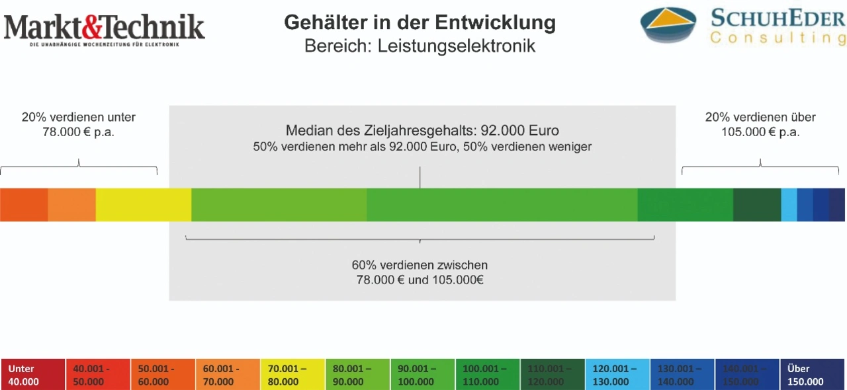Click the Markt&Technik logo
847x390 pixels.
pyautogui.click(x=105, y=28)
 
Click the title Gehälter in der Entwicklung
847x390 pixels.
pyautogui.click(x=420, y=22)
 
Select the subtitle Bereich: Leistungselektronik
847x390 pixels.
pyautogui.click(x=420, y=47)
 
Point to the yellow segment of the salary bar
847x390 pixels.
pyautogui.click(x=144, y=205)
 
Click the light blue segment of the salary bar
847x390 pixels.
pyautogui.click(x=789, y=205)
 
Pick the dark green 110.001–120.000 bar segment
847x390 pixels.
pyautogui.click(x=757, y=205)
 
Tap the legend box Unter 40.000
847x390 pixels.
pyautogui.click(x=33, y=375)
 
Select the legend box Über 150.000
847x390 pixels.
pyautogui.click(x=813, y=375)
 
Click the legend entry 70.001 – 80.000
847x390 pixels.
pyautogui.click(x=293, y=375)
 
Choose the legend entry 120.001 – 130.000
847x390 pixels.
pyautogui.click(x=618, y=375)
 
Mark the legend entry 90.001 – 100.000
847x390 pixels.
pyautogui.click(x=423, y=375)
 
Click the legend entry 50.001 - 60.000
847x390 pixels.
pyautogui.click(x=163, y=375)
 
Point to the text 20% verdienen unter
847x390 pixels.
pyautogui.click(x=79, y=118)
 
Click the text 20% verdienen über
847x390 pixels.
pyautogui.click(x=760, y=118)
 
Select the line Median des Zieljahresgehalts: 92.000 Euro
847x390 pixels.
pyautogui.click(x=422, y=130)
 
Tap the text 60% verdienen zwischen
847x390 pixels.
pyautogui.click(x=420, y=265)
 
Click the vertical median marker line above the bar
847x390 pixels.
pyautogui.click(x=420, y=177)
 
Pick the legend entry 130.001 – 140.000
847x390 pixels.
pyautogui.click(x=683, y=375)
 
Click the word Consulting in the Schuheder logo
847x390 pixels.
pyautogui.click(x=778, y=38)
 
